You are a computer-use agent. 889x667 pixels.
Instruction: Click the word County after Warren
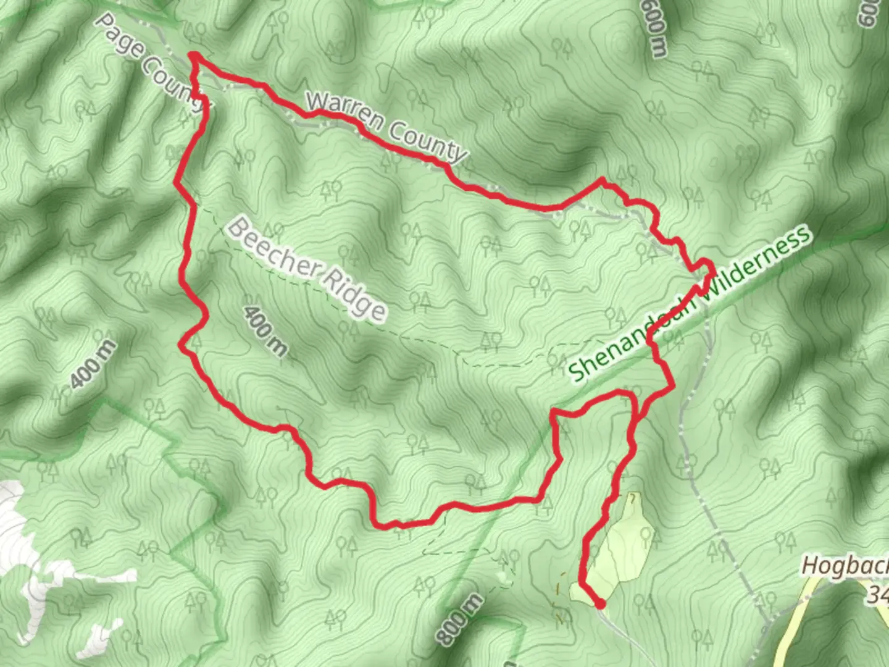(426, 141)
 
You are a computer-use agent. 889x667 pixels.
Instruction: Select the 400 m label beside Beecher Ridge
(265, 331)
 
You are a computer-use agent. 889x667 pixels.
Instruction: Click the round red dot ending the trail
(599, 603)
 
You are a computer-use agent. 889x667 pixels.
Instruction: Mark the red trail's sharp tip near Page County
(193, 56)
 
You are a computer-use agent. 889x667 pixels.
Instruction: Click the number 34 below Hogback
(877, 594)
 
